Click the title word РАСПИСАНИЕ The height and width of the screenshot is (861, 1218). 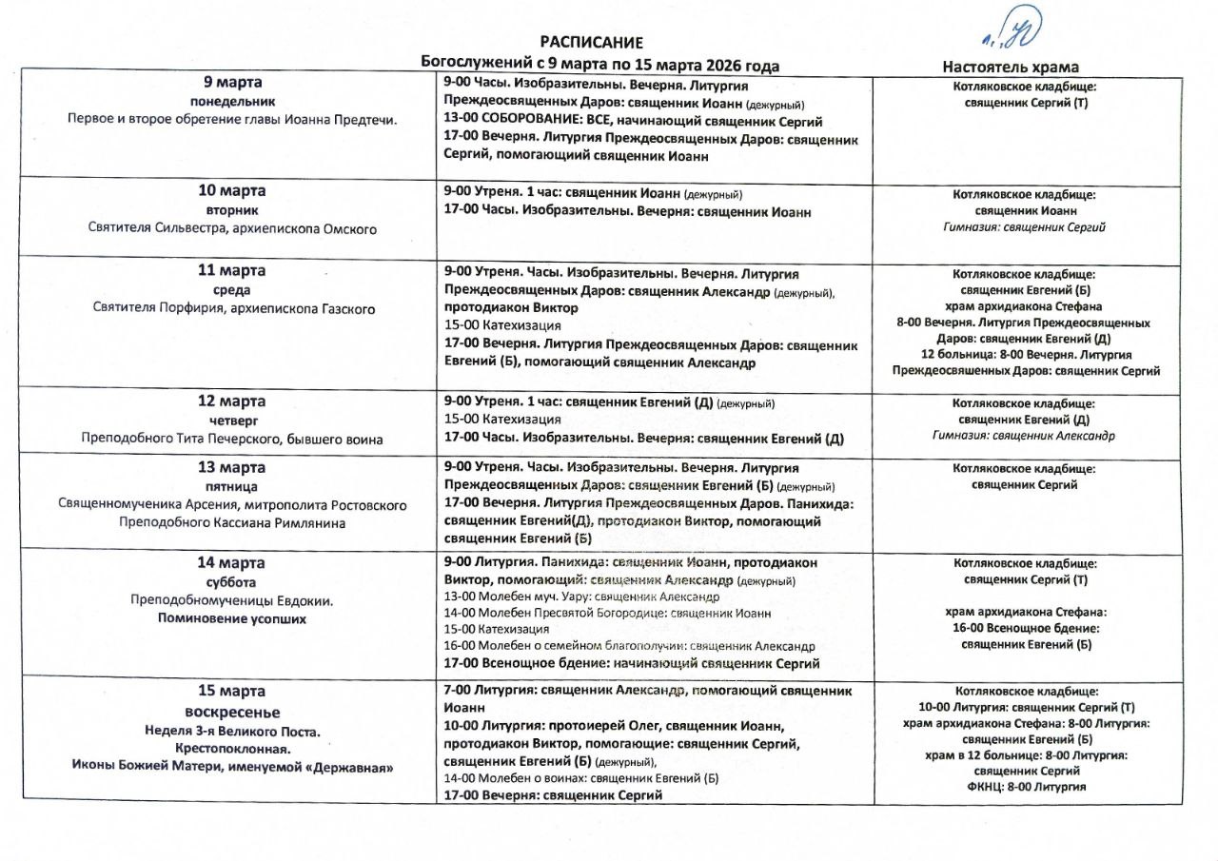tap(591, 43)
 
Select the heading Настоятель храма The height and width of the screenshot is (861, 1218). tap(1010, 67)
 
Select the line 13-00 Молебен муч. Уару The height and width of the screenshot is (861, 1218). tap(581, 597)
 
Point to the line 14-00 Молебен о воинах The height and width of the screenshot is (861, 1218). tap(581, 778)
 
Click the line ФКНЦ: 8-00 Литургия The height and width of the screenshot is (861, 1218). tap(1024, 787)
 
